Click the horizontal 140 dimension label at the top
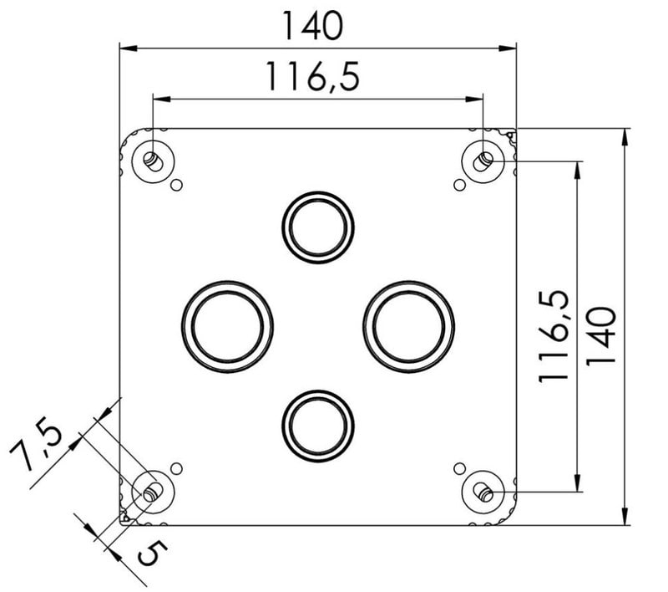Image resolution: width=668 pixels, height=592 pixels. [x=312, y=26]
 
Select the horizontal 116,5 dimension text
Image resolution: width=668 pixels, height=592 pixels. [x=312, y=76]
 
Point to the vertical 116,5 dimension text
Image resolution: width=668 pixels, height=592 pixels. [x=554, y=336]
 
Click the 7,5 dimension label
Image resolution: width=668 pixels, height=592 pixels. [x=36, y=443]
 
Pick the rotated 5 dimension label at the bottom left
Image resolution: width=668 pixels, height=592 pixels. [x=152, y=553]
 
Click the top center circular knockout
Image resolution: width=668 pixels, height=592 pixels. [x=318, y=227]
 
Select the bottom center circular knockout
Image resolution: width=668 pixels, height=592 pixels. [x=318, y=426]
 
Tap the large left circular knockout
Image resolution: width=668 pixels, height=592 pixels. [x=227, y=327]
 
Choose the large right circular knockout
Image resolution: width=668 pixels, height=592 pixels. [x=409, y=327]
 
